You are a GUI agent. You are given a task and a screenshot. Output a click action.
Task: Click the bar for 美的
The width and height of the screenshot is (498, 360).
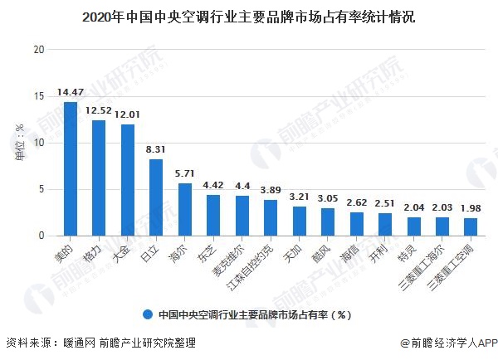70,169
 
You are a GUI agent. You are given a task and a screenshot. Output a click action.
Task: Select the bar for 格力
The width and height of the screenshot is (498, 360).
99,178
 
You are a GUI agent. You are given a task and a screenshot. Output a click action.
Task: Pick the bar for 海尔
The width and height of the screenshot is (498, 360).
184,210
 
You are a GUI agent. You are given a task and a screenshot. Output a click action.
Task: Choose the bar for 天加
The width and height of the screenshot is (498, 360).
299,221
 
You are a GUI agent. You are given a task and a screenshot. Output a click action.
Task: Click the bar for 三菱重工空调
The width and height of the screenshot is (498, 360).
471,226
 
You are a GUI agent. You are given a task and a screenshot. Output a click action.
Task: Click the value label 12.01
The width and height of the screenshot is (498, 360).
128,113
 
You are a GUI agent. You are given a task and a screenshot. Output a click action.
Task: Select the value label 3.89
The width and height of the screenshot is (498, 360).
271,190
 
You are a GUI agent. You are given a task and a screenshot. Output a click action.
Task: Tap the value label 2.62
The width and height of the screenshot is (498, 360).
357,202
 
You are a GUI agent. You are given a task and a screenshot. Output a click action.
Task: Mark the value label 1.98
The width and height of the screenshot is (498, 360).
471,207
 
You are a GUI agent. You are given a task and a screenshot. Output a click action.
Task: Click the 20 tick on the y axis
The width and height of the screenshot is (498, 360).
38,49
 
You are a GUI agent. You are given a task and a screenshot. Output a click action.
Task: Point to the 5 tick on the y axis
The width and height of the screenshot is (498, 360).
41,189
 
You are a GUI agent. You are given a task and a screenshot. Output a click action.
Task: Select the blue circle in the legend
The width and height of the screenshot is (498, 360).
147,314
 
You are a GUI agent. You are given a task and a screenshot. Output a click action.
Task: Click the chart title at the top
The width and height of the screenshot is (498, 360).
249,16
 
